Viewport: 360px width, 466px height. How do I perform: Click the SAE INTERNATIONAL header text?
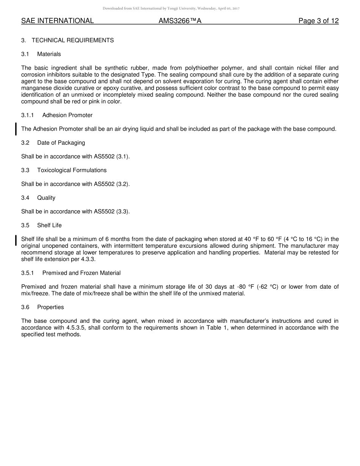[x=57, y=21]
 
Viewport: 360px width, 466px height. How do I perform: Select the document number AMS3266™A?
[x=180, y=21]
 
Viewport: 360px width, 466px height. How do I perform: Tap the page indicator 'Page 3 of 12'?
[x=318, y=21]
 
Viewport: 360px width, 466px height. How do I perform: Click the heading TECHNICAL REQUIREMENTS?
[x=73, y=40]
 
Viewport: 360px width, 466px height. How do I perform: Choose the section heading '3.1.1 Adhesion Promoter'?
[x=57, y=115]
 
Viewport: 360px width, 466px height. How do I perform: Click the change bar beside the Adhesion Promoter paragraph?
[x=16, y=129]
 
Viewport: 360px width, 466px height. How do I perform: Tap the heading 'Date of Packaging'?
[x=61, y=143]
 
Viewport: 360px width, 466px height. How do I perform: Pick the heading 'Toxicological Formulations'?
[x=72, y=170]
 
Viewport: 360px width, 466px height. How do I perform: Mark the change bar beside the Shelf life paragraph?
[x=16, y=240]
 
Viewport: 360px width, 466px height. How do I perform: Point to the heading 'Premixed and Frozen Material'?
[x=81, y=273]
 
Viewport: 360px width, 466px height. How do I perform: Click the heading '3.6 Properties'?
[x=42, y=307]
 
